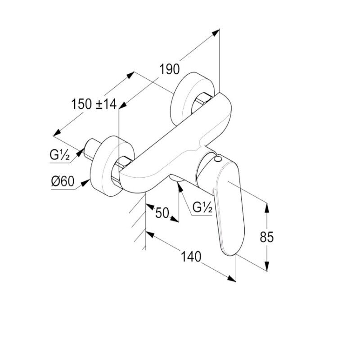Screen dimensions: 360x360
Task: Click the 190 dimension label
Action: coord(170,69)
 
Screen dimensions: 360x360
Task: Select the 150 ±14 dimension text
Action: coord(94,104)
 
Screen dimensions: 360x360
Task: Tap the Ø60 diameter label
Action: coord(62,182)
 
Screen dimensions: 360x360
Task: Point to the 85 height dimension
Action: coord(266,237)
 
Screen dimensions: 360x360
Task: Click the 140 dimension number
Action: coord(190,257)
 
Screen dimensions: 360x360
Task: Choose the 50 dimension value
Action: coord(162,212)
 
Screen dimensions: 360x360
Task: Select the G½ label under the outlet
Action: coord(202,207)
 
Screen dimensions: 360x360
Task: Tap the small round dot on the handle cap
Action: coord(218,160)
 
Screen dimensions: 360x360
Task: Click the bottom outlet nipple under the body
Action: coord(177,181)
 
